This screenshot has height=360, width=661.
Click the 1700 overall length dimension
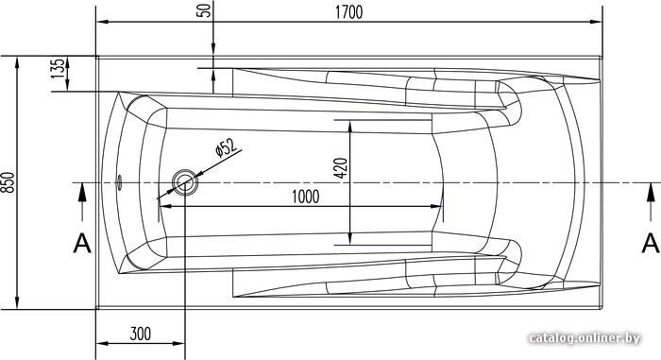click(x=348, y=12)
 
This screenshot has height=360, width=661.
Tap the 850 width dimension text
click(x=8, y=182)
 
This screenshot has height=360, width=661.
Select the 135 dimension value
click(x=59, y=68)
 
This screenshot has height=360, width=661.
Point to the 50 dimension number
click(x=205, y=10)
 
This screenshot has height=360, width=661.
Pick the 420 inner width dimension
click(x=342, y=168)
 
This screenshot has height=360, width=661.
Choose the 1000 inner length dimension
click(x=306, y=197)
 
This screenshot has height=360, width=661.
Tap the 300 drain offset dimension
click(x=140, y=334)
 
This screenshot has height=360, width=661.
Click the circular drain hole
click(x=185, y=182)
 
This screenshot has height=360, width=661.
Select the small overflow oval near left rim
click(x=119, y=182)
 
